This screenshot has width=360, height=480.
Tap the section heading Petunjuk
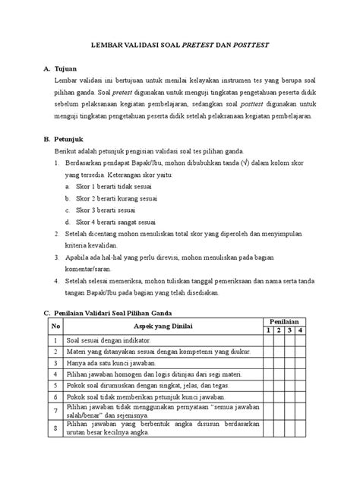[73, 140]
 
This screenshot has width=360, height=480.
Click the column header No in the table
[55, 327]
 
